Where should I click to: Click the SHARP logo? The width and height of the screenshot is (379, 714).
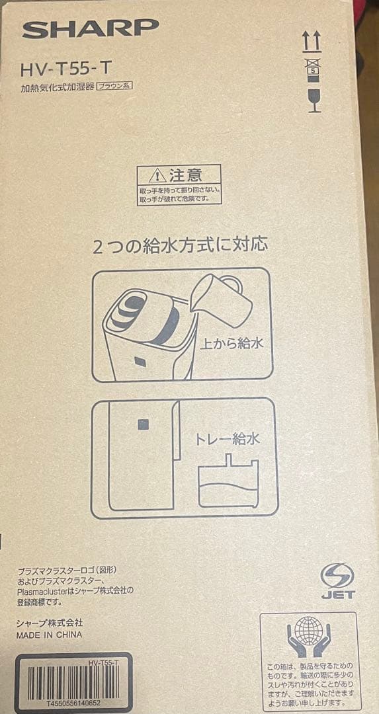point(91,28)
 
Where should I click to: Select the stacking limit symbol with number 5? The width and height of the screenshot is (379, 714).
point(313,68)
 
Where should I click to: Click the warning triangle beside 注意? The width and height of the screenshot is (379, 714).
point(157,176)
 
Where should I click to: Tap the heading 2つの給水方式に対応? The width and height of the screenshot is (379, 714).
point(180,246)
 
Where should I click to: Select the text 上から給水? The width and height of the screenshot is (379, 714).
point(227,344)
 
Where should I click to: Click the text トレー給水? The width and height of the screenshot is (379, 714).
point(227,438)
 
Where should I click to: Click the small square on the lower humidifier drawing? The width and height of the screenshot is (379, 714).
point(141,422)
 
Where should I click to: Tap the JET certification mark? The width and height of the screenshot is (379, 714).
point(337,581)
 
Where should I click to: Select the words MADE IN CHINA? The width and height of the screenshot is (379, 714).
point(50,635)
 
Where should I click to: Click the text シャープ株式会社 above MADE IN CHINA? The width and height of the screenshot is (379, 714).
point(50,623)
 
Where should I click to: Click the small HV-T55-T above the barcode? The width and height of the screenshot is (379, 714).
point(103,662)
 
